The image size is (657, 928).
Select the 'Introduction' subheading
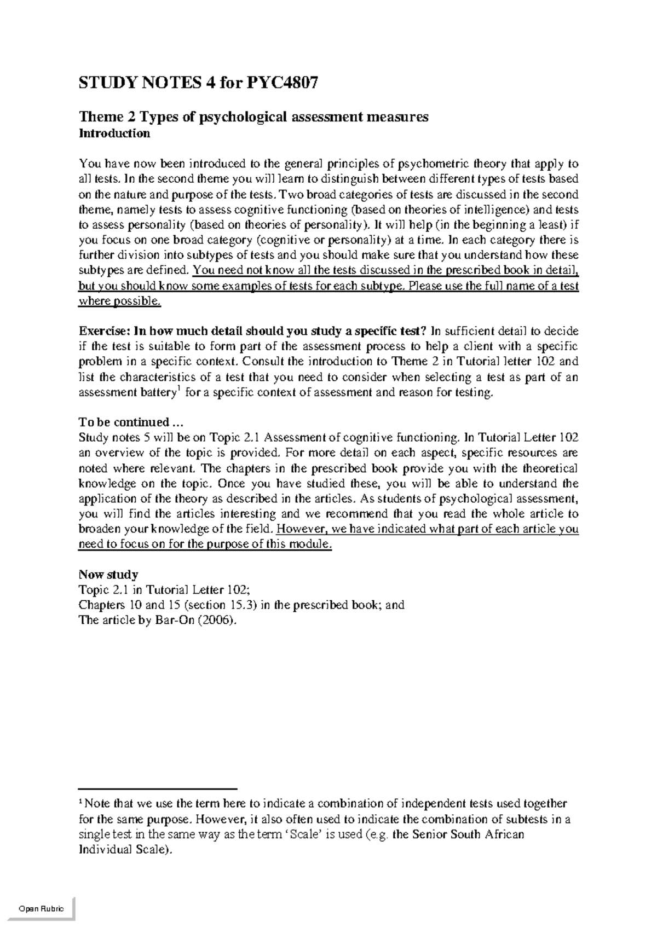[x=114, y=134]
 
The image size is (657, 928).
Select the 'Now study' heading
[x=108, y=575]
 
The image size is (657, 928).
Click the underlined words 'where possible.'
[x=120, y=301]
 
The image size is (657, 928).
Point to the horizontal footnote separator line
[x=158, y=790]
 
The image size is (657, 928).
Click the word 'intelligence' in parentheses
[x=495, y=210]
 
